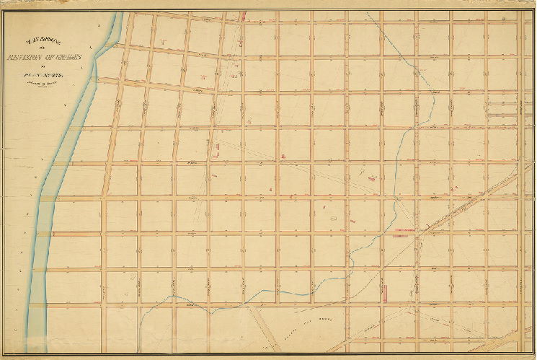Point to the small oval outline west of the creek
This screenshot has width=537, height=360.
click(x=334, y=211)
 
